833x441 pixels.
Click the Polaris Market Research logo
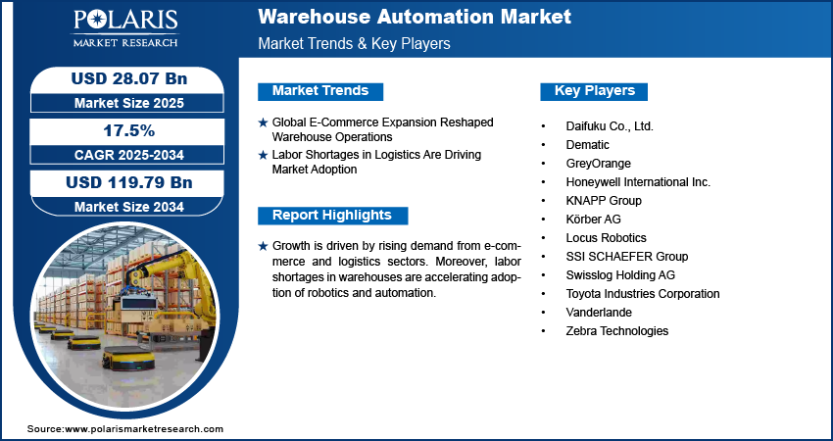(x=125, y=28)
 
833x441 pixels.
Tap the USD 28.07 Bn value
(x=129, y=78)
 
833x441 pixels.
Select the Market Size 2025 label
(x=129, y=103)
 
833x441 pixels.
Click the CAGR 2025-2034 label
(x=129, y=155)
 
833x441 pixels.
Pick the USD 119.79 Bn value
(x=129, y=182)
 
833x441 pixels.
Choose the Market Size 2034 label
(x=129, y=207)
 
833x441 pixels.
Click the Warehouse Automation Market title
(x=415, y=17)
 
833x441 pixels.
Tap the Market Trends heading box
(x=320, y=91)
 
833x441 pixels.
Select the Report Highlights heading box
(x=332, y=216)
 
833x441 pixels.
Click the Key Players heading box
(x=594, y=91)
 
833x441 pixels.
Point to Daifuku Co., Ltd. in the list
(x=610, y=126)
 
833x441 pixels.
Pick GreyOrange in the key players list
(x=598, y=164)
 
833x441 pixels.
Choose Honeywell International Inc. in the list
(x=638, y=182)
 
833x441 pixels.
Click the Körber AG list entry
(x=594, y=219)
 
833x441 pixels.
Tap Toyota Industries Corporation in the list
(x=643, y=294)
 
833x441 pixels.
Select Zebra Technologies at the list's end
(x=617, y=331)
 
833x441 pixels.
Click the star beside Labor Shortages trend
(x=263, y=155)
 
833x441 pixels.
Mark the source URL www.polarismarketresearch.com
(x=144, y=429)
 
